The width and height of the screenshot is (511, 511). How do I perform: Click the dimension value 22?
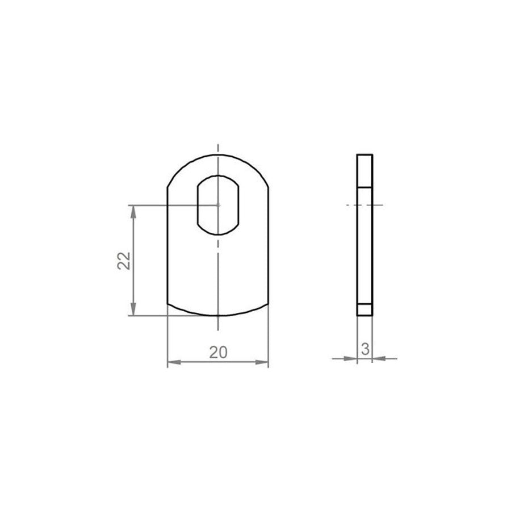click(124, 261)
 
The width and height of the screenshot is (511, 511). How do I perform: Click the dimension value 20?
click(218, 352)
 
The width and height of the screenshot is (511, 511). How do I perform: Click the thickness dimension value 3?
click(365, 349)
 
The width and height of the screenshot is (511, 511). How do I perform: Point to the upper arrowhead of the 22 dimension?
click(133, 212)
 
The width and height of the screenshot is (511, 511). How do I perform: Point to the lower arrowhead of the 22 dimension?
click(133, 309)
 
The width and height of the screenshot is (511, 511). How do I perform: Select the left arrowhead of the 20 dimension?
click(174, 362)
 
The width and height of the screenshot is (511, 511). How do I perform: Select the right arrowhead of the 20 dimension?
click(262, 362)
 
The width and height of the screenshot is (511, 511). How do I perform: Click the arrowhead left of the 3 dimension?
click(351, 358)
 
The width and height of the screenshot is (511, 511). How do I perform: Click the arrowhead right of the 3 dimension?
click(379, 358)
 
